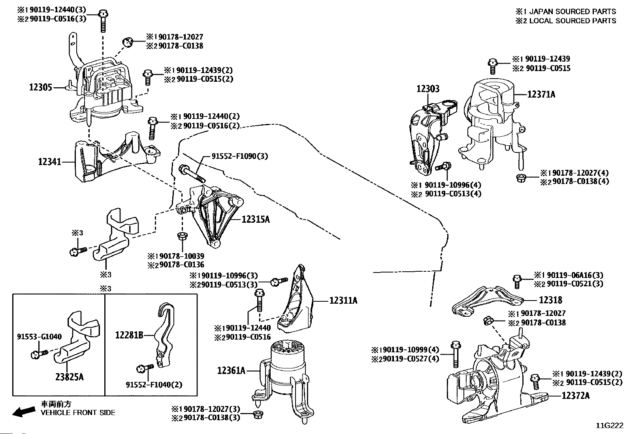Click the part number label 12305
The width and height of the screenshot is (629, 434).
pos(41,87)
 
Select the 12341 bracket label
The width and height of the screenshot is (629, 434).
pos(49,162)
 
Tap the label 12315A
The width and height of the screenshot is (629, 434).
pos(256,219)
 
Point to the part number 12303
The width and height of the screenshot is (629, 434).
pos(427,89)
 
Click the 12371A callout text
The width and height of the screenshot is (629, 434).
pos(541,94)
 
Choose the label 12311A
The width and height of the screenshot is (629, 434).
pos(343,301)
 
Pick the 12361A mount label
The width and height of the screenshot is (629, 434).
pos(232,370)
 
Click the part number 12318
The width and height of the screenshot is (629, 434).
pos(550,300)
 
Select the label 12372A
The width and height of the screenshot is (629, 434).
pos(575,396)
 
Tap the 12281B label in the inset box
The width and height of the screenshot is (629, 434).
pos(129,335)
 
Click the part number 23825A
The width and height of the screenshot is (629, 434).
pos(70,377)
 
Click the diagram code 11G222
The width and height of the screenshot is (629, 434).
pos(610,426)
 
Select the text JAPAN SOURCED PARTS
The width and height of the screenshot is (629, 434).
pos(572,11)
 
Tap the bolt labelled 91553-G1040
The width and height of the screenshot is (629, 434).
pos(39,354)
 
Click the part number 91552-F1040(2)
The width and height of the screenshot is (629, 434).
pos(154,385)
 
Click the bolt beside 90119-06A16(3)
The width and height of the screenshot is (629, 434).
pos(517,282)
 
